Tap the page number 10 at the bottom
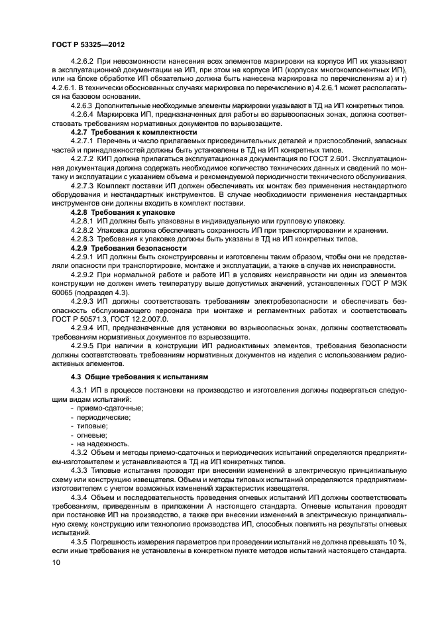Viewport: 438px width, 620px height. point(55,562)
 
